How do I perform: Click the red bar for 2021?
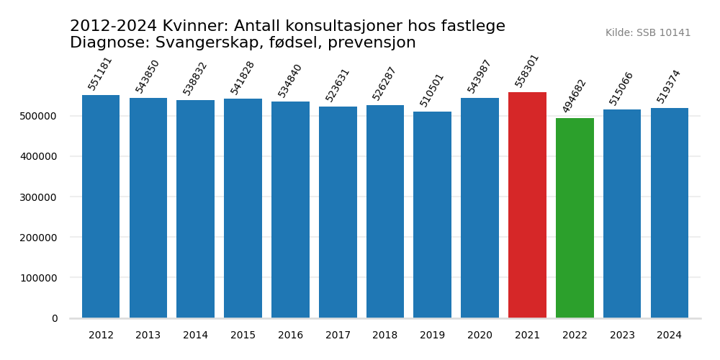527,205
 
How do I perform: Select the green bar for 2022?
575,218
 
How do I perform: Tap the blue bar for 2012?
101,207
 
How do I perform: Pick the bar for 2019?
432,215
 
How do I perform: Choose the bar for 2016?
290,210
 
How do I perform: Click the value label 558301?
527,71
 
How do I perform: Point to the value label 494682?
575,96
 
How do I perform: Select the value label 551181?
100,73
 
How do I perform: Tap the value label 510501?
432,90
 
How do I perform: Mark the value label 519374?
669,86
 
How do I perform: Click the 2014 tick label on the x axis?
195,336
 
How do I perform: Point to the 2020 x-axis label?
480,336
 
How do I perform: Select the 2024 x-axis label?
669,336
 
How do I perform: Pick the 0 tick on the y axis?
55,318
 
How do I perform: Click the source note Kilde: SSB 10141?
648,33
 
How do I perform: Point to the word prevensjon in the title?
372,43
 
